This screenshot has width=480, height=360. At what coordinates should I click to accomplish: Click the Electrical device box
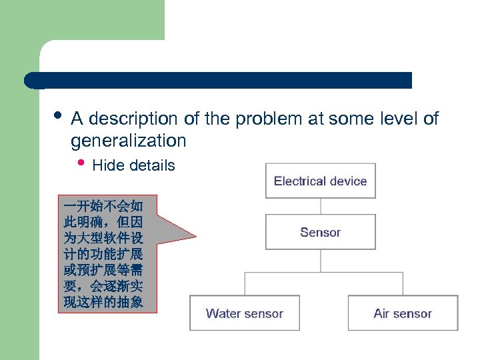point(320,181)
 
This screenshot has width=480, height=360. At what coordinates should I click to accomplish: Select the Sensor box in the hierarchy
point(320,232)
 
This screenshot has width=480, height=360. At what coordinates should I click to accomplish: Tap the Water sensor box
point(245,313)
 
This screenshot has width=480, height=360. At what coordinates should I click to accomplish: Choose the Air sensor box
point(403,313)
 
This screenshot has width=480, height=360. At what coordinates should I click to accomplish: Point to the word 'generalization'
point(129,141)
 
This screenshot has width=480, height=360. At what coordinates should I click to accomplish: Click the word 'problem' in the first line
point(267,119)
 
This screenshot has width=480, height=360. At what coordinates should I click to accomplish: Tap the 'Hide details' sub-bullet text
point(133,165)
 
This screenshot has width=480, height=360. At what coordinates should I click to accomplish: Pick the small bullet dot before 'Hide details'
point(81,164)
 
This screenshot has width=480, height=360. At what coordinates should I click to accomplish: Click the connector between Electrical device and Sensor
point(320,206)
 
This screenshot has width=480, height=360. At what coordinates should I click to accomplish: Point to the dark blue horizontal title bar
point(220,81)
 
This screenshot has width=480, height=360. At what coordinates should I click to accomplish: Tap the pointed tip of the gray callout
point(195,235)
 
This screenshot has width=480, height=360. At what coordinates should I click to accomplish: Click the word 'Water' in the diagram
point(223,313)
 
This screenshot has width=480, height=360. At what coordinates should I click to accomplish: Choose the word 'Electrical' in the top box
point(298,181)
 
